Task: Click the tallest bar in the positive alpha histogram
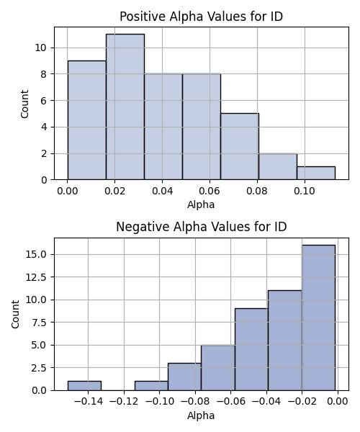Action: (x=125, y=107)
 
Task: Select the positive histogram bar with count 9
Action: (x=87, y=120)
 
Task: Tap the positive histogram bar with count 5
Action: (x=240, y=147)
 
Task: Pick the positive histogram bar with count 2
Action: (x=278, y=167)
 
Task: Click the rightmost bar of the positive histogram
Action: (x=316, y=173)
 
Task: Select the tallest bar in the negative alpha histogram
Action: (x=318, y=318)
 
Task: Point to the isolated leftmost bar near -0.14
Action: (x=84, y=386)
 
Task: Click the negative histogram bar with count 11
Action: (x=285, y=341)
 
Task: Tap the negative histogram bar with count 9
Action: (x=251, y=350)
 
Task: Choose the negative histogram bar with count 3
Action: (x=184, y=377)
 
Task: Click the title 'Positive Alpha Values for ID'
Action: (x=202, y=17)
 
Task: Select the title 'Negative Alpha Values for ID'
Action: (x=202, y=227)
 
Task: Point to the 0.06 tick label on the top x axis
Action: (x=210, y=191)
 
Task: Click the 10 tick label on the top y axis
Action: (x=41, y=48)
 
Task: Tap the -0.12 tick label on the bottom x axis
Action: (x=124, y=402)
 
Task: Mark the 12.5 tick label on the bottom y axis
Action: (x=37, y=277)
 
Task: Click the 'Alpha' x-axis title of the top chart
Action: (x=201, y=204)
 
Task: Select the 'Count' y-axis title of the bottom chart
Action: (x=15, y=314)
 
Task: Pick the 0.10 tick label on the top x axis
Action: (x=305, y=191)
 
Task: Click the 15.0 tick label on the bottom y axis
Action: (x=37, y=254)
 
